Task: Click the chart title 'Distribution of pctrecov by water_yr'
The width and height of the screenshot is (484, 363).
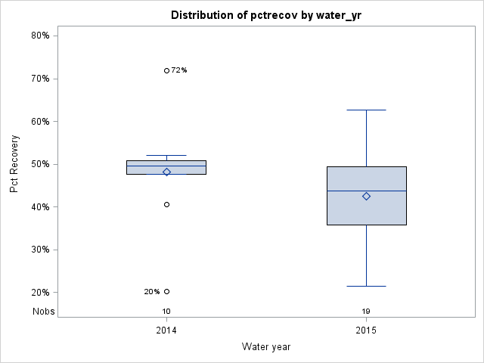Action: point(266,15)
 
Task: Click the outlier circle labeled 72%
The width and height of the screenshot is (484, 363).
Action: point(166,70)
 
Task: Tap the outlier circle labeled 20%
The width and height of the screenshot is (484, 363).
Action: point(166,291)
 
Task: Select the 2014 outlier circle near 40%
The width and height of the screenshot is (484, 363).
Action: point(166,204)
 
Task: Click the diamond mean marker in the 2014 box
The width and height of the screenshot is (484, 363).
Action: point(166,172)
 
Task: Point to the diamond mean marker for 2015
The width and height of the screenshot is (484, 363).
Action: point(366,196)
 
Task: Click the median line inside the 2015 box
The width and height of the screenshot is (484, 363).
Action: point(366,191)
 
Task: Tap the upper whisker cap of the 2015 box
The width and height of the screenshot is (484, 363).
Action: point(366,110)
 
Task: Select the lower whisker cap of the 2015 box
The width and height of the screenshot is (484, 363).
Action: point(366,286)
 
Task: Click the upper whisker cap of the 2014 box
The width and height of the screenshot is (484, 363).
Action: point(166,155)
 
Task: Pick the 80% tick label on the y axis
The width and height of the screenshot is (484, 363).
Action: point(40,36)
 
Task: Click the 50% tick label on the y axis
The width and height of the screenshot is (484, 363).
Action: point(40,164)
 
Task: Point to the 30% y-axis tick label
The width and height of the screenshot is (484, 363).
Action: point(40,250)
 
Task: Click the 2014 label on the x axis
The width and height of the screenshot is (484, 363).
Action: point(166,330)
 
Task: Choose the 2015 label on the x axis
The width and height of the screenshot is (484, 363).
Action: point(366,330)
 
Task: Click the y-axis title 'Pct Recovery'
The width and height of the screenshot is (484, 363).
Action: point(14,164)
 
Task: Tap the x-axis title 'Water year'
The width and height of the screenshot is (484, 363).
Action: point(266,347)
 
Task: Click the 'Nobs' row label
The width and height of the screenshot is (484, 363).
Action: point(43,311)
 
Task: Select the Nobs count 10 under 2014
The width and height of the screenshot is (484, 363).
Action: point(166,312)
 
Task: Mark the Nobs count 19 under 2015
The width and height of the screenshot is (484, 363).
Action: point(366,312)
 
